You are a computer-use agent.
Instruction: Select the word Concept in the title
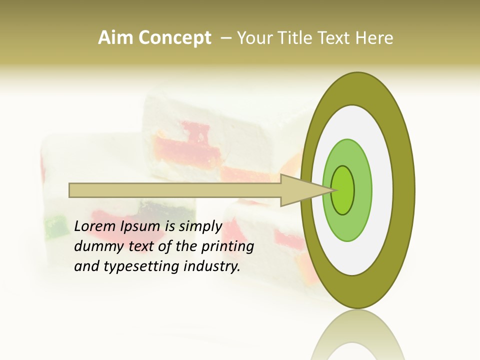pos(174,38)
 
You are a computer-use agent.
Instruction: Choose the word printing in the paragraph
pos(227,246)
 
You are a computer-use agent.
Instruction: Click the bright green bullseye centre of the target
pos(343,190)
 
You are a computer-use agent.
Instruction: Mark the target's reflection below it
pos(358,335)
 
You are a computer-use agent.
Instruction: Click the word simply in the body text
pos(200,227)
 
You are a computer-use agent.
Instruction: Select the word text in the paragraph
pos(141,246)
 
